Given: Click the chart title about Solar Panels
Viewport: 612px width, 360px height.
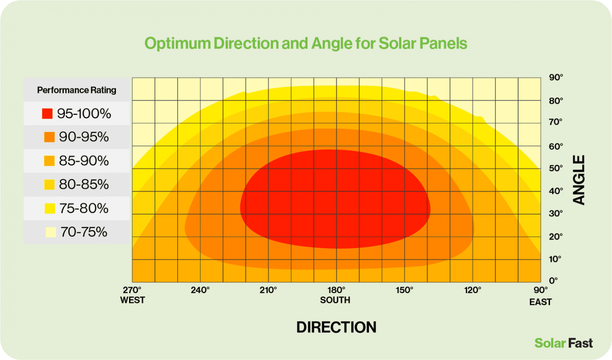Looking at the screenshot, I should tap(306, 43).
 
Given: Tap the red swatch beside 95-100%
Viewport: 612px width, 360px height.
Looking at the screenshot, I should tap(47, 114).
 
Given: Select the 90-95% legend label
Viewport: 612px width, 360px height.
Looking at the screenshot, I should tap(84, 137).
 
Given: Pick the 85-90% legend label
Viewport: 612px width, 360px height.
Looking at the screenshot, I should tap(84, 161).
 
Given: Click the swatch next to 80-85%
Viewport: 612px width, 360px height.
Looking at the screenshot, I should tap(49, 185).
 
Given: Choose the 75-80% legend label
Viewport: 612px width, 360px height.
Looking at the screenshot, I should tap(84, 208).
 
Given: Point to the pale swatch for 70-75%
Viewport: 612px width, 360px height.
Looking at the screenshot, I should tap(51, 232).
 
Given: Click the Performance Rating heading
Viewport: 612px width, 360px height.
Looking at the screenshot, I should tap(76, 90).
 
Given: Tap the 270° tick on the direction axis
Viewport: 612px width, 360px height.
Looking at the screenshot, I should tap(132, 290).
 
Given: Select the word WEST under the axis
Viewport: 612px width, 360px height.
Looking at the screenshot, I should tap(132, 300).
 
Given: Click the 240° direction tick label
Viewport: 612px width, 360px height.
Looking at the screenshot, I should tap(200, 290).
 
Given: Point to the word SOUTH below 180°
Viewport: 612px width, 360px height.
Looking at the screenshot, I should tap(335, 300).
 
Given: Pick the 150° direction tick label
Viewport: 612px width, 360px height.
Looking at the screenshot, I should tap(404, 290).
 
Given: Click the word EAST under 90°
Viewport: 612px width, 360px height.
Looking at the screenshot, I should tap(540, 302).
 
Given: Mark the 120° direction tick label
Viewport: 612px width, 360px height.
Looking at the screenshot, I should tap(473, 290).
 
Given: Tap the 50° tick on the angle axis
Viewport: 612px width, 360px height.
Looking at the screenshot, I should tap(556, 168).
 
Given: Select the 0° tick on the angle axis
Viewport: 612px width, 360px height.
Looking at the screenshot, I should tap(553, 280).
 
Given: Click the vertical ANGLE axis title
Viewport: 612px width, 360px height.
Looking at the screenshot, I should tap(579, 180).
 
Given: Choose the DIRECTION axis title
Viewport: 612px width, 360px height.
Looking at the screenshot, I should tap(336, 327).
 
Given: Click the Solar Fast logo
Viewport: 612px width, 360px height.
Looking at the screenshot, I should tap(563, 343).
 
